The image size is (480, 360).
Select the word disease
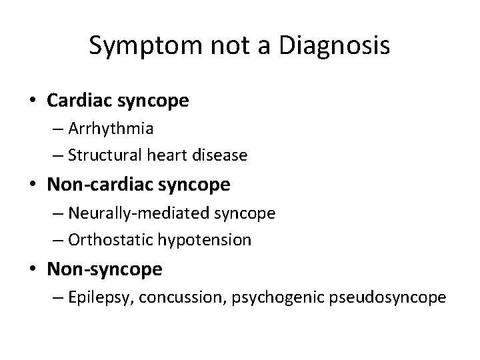click(223, 155)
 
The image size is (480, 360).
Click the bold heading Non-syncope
click(105, 269)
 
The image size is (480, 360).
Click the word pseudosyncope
click(387, 297)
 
